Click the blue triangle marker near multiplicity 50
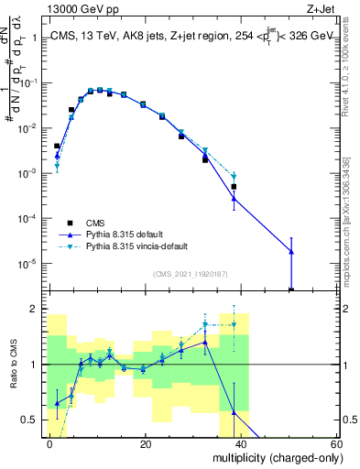point(291,251)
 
